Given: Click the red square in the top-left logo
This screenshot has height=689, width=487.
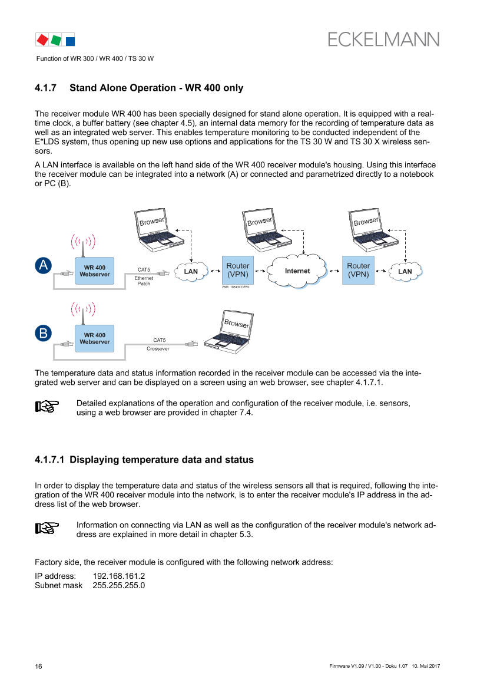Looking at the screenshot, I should [x=42, y=40].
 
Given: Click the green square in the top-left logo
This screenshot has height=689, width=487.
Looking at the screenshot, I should [x=56, y=40].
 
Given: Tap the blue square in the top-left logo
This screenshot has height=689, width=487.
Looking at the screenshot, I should [x=70, y=41].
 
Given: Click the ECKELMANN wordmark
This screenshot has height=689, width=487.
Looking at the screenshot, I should [x=384, y=39].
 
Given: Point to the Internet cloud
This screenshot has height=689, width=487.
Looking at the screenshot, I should [x=297, y=271].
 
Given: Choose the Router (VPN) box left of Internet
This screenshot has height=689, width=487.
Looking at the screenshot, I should [x=238, y=270].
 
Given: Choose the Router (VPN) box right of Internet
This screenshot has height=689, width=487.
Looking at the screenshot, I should [x=358, y=270].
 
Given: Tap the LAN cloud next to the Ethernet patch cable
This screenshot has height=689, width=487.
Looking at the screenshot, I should [x=191, y=271].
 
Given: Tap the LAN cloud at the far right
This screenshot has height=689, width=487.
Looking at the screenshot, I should [x=405, y=271].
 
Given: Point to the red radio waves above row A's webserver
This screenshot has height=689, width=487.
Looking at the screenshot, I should [x=83, y=242].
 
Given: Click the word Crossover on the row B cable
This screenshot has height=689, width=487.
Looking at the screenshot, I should [x=158, y=349].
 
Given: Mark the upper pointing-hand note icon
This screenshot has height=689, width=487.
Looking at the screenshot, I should [x=47, y=407].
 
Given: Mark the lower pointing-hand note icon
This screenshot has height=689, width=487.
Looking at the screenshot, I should [x=47, y=528].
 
